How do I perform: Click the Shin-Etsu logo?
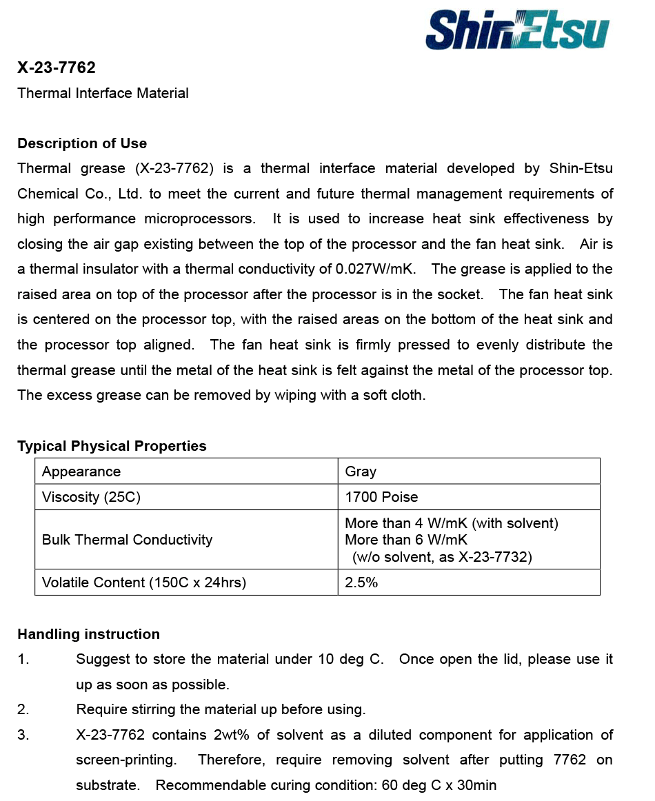(517, 30)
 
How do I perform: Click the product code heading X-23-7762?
(57, 68)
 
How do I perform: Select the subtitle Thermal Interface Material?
(103, 93)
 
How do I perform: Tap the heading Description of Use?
(82, 143)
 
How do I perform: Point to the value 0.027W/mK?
(375, 269)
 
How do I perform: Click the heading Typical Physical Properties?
(112, 446)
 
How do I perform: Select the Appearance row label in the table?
(81, 472)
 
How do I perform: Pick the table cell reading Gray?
(361, 472)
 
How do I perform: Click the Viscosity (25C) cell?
(91, 497)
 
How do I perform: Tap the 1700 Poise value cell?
(381, 497)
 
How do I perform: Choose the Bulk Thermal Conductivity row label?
(127, 540)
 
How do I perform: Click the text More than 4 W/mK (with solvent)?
(452, 523)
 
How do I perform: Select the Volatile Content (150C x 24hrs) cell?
(144, 582)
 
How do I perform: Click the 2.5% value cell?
(361, 582)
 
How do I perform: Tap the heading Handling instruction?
(88, 634)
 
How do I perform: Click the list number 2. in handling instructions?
(23, 709)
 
